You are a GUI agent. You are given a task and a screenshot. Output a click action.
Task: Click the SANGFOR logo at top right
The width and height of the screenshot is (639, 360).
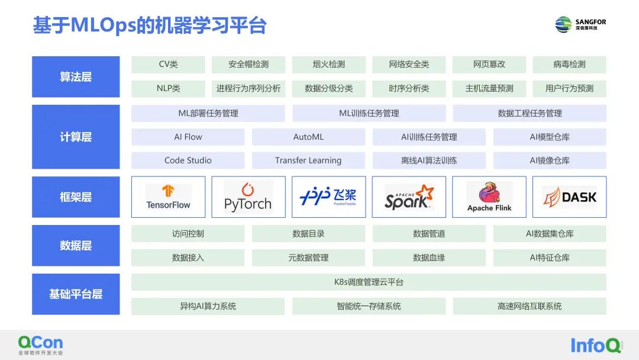pos(580,24)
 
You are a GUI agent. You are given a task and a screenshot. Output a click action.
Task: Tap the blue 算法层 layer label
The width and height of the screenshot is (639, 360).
pos(76,77)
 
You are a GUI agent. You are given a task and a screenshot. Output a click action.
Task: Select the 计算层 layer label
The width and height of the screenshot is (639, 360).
pos(76,137)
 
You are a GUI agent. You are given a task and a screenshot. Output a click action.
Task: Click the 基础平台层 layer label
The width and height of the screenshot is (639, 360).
pos(76,294)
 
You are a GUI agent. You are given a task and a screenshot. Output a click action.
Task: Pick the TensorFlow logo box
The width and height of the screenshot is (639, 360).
pos(169,197)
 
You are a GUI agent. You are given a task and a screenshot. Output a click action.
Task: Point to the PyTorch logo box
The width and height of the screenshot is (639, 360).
pos(248,197)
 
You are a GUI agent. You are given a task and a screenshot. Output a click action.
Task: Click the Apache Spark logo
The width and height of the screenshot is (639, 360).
pos(409,197)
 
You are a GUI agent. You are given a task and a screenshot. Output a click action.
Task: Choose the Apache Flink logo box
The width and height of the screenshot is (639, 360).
pos(489,197)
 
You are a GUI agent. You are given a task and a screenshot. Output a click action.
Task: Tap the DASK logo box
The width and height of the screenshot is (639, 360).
pos(570,197)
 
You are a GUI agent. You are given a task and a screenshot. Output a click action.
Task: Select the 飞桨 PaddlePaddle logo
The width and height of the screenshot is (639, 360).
pos(328,197)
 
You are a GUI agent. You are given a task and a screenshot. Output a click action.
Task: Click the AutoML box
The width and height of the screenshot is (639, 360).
pos(308,137)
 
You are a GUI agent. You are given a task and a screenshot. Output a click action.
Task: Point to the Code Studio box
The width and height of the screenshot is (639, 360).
pos(188,160)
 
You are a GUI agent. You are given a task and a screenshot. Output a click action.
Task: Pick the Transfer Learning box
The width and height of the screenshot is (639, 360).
pos(308,160)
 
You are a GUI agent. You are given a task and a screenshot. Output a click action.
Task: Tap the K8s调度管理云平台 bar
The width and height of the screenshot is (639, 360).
pos(369,282)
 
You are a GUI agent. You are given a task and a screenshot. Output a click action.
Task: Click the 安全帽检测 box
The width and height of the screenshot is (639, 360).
pos(248,65)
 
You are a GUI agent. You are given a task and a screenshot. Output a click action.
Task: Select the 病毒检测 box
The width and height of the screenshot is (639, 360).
pos(569,65)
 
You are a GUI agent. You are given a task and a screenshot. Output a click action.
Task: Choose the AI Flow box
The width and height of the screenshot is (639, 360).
pos(188,137)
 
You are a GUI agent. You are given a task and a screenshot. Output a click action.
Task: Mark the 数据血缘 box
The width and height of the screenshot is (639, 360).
pos(429,258)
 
